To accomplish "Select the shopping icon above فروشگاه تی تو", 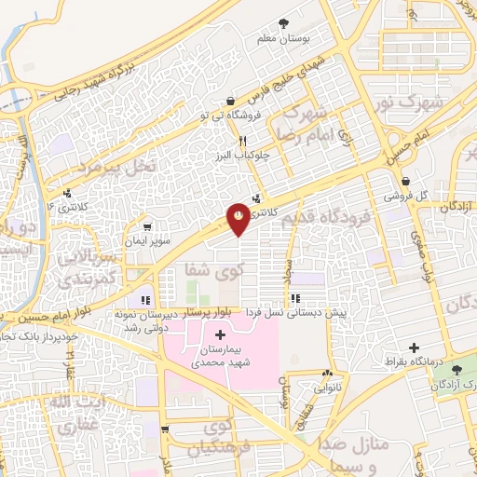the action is pyautogui.click(x=229, y=101).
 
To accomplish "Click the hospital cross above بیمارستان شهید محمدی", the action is pyautogui.click(x=220, y=334).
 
